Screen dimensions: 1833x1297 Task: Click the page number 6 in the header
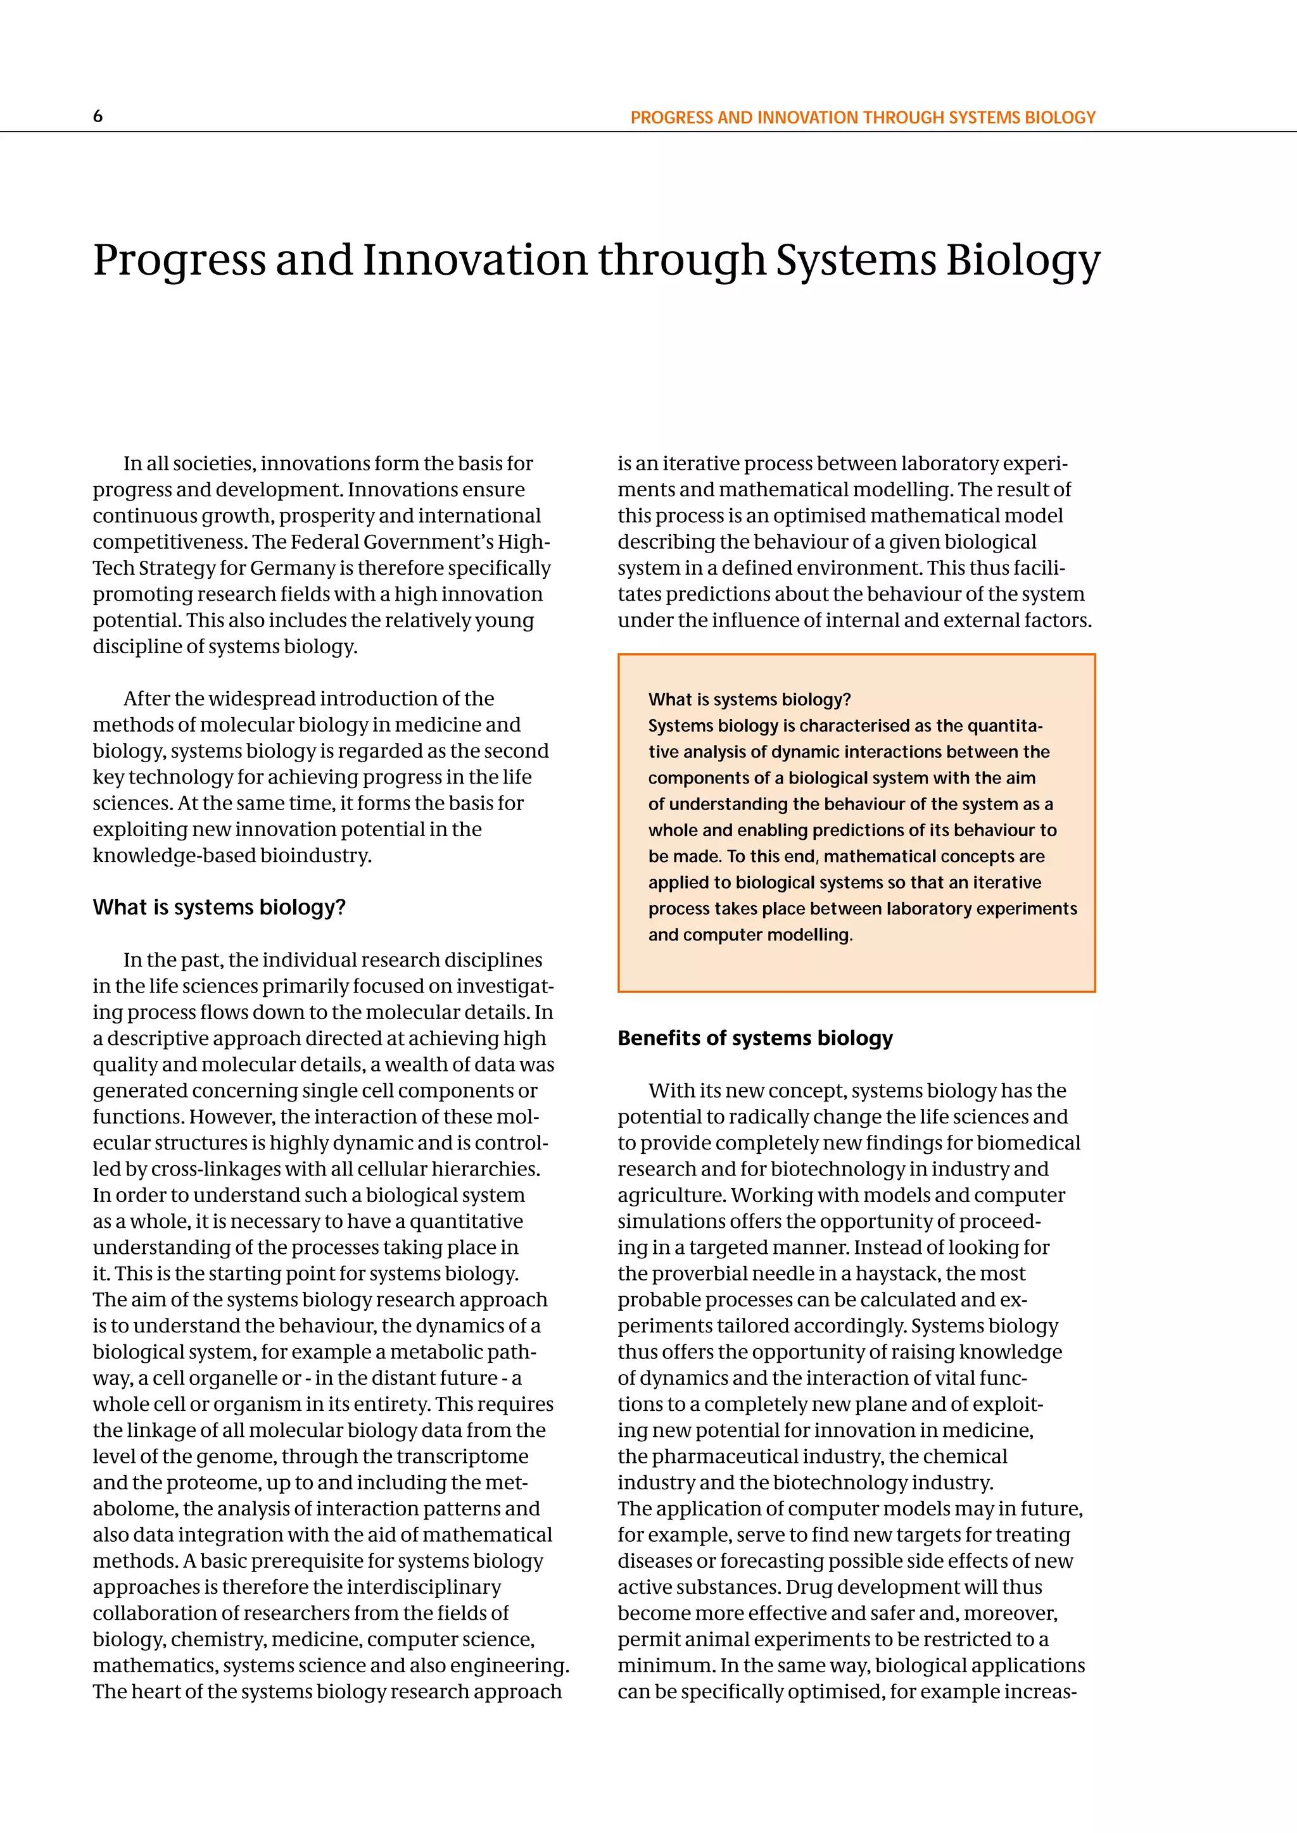click(98, 116)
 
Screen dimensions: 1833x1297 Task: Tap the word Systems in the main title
click(856, 261)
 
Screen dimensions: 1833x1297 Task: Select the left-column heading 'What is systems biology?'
click(219, 908)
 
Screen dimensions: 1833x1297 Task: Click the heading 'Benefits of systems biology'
click(755, 1039)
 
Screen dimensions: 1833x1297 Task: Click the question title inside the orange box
click(749, 700)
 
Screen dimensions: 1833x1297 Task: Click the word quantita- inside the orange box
click(1004, 727)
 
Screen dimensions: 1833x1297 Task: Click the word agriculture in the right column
click(670, 1195)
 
